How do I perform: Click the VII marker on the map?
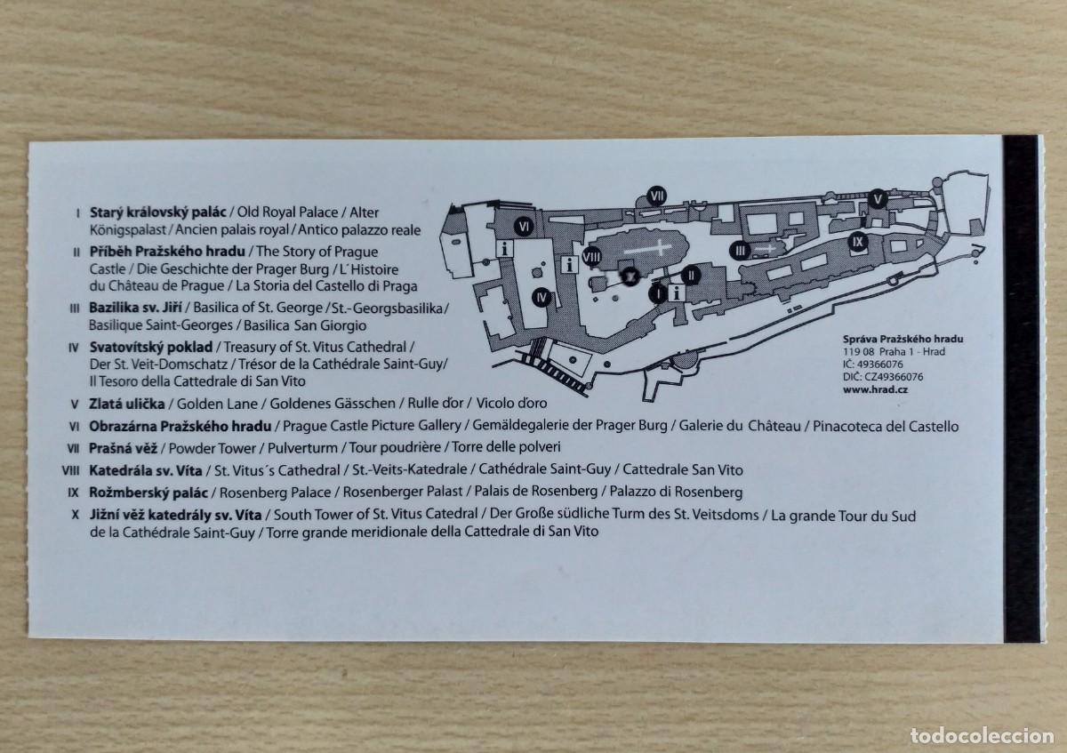[x=657, y=196]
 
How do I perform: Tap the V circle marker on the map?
[x=878, y=198]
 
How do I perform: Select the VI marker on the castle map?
[x=524, y=226]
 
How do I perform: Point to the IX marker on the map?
[x=857, y=242]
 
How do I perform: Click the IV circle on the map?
[x=542, y=298]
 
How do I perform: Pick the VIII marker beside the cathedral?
[x=591, y=257]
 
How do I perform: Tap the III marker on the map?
[x=740, y=251]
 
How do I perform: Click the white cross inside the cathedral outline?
[x=648, y=248]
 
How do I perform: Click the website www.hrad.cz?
[x=876, y=389]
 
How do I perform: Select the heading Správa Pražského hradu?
[x=903, y=339]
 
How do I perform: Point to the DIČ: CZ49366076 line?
[x=883, y=377]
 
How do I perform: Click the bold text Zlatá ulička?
[x=126, y=404]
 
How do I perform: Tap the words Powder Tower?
[x=213, y=448]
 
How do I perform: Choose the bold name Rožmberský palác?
[x=148, y=492]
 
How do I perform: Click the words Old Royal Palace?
[x=287, y=212]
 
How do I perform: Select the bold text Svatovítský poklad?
[x=151, y=348]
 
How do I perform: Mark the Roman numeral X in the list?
[x=75, y=515]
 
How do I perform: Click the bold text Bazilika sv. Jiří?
[x=135, y=308]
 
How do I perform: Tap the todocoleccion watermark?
[x=982, y=736]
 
